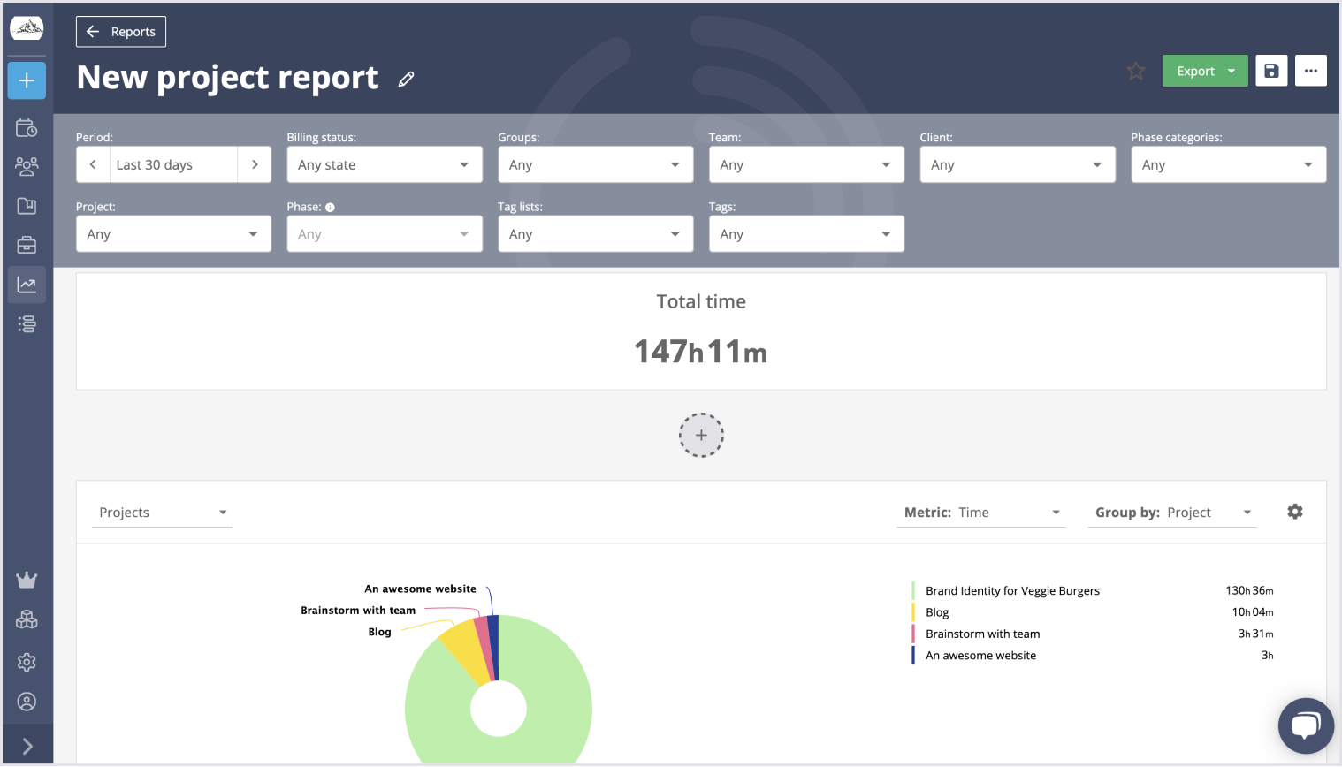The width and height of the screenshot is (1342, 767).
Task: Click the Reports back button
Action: [x=121, y=32]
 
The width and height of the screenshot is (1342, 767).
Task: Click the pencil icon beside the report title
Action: [x=406, y=80]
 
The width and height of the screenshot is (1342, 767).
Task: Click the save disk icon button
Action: [x=1271, y=72]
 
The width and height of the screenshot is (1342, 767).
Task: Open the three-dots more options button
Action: [x=1310, y=72]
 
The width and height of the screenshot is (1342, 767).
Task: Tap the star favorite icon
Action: [x=1136, y=72]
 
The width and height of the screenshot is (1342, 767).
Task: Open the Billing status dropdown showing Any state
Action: [x=384, y=165]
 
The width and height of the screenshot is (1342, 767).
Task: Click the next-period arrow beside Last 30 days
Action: [x=255, y=165]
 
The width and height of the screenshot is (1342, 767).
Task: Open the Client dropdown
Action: [x=1017, y=165]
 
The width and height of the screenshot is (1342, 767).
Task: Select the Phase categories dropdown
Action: [x=1228, y=165]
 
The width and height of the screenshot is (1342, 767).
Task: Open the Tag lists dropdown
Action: [x=595, y=234]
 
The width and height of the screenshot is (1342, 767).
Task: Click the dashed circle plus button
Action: [x=701, y=436]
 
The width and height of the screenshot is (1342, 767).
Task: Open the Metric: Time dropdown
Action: [x=980, y=513]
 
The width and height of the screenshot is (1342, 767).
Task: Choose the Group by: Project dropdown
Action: [x=1172, y=513]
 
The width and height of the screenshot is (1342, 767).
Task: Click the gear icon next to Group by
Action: [x=1295, y=512]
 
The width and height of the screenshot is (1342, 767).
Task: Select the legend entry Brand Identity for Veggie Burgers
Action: [x=1012, y=591]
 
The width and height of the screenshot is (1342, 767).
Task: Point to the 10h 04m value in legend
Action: [x=1253, y=612]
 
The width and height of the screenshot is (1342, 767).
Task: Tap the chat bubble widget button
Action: [x=1305, y=725]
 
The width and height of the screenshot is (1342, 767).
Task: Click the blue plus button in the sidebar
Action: [x=27, y=80]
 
